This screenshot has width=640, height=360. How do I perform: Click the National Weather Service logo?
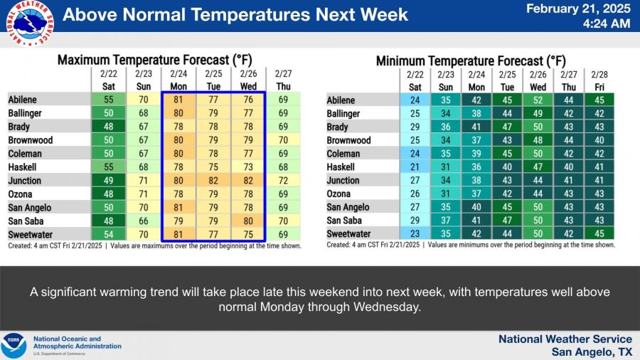[30, 23]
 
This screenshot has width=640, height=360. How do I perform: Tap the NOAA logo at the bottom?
[13, 346]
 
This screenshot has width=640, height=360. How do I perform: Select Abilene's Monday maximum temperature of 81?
[178, 100]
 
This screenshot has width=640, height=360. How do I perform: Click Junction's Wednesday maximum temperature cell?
[248, 181]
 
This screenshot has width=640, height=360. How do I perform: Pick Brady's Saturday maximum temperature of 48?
[108, 127]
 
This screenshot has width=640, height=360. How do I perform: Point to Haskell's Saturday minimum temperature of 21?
[415, 167]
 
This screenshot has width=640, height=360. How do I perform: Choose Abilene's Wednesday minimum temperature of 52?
[538, 100]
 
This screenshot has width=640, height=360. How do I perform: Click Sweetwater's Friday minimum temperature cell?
[599, 234]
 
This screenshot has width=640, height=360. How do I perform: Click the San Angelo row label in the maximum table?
[30, 207]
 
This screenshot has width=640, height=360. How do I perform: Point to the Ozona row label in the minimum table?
[338, 194]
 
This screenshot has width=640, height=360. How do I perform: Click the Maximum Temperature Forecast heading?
[154, 60]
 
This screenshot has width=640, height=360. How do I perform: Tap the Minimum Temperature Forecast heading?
[471, 60]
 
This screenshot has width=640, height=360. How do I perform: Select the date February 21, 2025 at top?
[578, 9]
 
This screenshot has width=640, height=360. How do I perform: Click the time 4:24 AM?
[607, 23]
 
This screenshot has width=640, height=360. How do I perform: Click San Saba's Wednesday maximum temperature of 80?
[248, 221]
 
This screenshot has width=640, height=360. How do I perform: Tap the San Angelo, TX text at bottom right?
[592, 351]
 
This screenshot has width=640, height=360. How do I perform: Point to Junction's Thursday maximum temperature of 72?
[283, 181]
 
